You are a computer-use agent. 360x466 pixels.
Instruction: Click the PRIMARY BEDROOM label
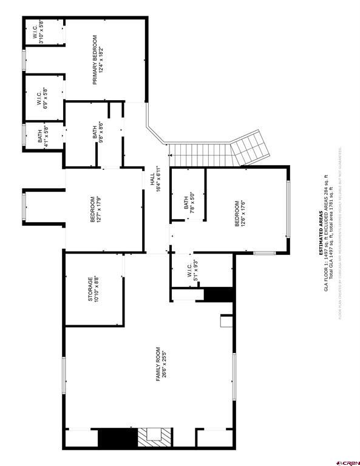[x=98, y=55]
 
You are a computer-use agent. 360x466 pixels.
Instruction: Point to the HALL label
[x=155, y=180]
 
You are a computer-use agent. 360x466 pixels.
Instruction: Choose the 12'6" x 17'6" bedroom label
[x=241, y=214]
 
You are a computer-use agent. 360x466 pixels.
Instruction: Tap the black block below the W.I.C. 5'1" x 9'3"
[x=219, y=294]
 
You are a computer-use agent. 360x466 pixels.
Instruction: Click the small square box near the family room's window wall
[x=226, y=321]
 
